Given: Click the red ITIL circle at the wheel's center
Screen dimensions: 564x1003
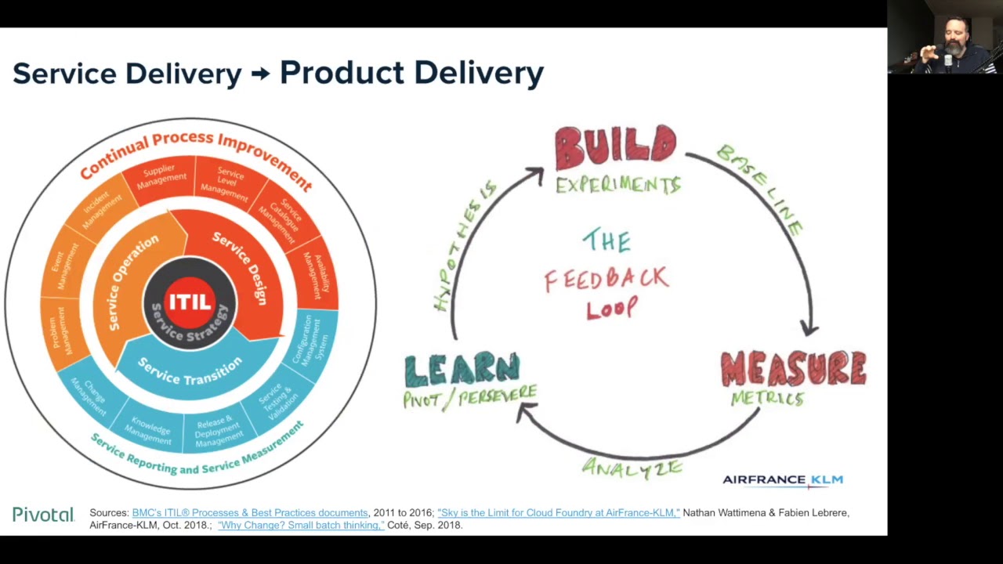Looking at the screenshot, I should (x=190, y=300).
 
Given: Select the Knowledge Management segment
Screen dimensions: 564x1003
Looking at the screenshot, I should (x=150, y=429).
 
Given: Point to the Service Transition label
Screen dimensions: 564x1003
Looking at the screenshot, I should (x=190, y=371).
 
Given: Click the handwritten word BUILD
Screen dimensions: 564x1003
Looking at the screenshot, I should (x=615, y=146).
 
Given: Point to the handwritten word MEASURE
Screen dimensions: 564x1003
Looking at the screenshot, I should (x=793, y=369).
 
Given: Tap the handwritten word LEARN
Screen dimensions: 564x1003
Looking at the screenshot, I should (x=462, y=371).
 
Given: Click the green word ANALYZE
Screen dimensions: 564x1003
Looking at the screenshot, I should (x=632, y=468).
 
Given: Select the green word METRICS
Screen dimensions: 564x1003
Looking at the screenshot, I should (x=767, y=399).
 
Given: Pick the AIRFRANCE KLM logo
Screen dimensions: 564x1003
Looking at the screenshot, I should (x=782, y=480).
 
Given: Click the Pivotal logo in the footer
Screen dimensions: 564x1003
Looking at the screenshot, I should (x=43, y=515).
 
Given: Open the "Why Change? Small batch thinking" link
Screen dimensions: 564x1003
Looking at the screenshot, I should (x=301, y=525).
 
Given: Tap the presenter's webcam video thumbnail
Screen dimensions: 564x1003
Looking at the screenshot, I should (x=945, y=37).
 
